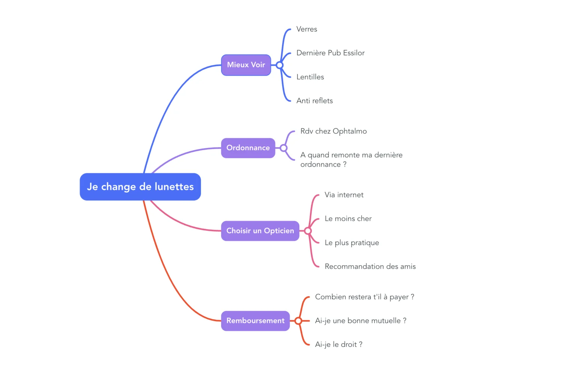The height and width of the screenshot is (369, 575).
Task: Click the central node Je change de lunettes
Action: (x=140, y=187)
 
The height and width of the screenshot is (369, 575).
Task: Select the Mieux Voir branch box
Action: (x=246, y=65)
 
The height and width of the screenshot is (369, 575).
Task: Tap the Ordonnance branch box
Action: (x=248, y=148)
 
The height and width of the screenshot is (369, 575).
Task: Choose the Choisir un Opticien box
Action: (x=260, y=231)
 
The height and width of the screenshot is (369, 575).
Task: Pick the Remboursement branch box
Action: (x=255, y=321)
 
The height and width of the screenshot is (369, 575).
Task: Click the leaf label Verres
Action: (x=307, y=29)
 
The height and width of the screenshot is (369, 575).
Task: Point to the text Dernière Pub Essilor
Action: (x=330, y=53)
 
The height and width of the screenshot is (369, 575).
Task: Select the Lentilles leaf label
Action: (x=310, y=77)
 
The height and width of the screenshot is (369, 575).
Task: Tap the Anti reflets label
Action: (x=314, y=101)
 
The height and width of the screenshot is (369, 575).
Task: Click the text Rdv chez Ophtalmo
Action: (x=333, y=131)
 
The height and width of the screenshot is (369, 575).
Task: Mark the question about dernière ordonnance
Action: (x=351, y=160)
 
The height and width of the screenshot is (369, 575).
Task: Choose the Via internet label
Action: (x=344, y=195)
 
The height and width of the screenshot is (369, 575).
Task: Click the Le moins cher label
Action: (x=348, y=219)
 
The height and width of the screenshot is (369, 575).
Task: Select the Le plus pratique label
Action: (x=352, y=243)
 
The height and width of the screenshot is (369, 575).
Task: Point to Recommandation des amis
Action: (x=370, y=266)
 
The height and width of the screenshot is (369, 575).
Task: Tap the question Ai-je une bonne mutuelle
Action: (x=360, y=321)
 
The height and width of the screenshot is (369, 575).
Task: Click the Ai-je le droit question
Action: (x=338, y=344)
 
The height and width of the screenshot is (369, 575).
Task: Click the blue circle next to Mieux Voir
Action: (x=280, y=65)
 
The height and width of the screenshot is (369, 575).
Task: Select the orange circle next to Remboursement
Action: (x=298, y=321)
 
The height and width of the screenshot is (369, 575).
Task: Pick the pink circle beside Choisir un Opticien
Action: (x=308, y=231)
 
